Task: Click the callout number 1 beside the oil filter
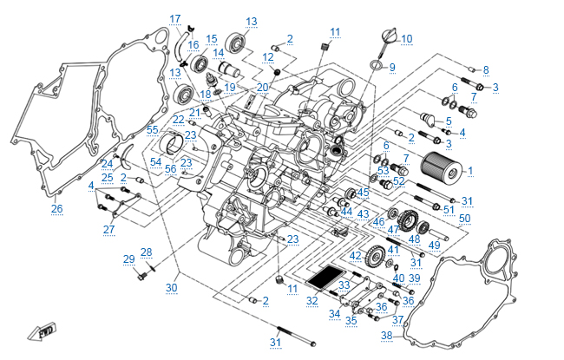pyautogui.click(x=470, y=171)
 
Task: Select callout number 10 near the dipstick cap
pyautogui.click(x=406, y=38)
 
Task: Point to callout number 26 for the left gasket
pyautogui.click(x=56, y=208)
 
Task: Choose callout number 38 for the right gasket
pyautogui.click(x=386, y=335)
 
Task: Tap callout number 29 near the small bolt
pyautogui.click(x=128, y=259)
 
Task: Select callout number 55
pyautogui.click(x=153, y=129)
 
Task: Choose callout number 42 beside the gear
pyautogui.click(x=356, y=256)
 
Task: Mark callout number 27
pyautogui.click(x=108, y=229)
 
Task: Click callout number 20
pyautogui.click(x=263, y=87)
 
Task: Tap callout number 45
pyautogui.click(x=363, y=192)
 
